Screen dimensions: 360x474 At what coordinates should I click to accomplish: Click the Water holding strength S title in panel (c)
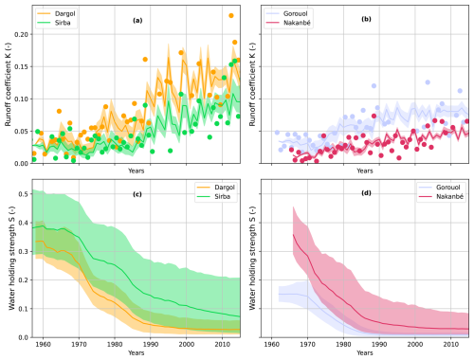click(9, 260)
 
